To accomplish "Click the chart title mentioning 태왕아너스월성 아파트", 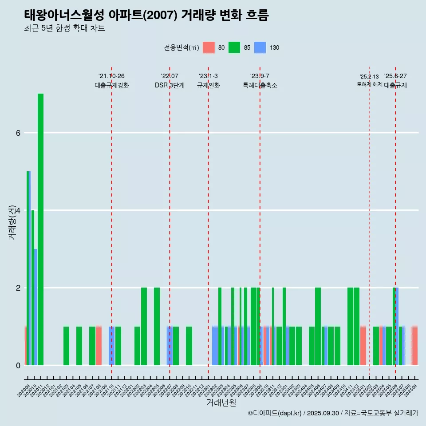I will coord(146,15).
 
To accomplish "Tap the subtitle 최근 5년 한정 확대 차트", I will coord(64,28).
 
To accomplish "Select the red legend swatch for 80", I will coord(209,47).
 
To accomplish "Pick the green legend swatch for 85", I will coord(234,47).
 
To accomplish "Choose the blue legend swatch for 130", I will coord(260,47).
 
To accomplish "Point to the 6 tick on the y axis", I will coord(18,133).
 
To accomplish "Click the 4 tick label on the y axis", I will coord(18,210).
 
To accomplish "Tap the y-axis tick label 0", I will coord(18,365).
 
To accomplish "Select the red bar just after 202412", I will coord(363,346).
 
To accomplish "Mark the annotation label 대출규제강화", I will coord(112,86).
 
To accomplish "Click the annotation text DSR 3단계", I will coord(170,86).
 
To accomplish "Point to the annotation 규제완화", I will coord(209,86).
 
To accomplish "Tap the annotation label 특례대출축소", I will coord(260,86).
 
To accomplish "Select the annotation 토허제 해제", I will coord(370,84).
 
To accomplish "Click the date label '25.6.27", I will coord(395,76).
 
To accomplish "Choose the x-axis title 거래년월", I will coord(221,402).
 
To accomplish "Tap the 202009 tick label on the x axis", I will coord(24,389).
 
